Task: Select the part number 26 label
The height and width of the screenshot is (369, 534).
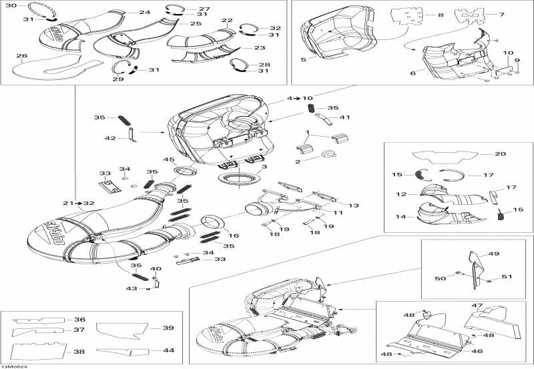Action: pos(21,56)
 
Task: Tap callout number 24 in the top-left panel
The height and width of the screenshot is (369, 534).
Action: pos(145,13)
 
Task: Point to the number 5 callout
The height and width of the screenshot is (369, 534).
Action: pos(304,59)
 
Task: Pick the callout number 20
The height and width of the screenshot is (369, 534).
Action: pos(500,153)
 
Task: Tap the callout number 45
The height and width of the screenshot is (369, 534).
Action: pos(169,159)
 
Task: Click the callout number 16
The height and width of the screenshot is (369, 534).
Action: pos(234,236)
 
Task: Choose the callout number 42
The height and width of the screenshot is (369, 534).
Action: pos(111,137)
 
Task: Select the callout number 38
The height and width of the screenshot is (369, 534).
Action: pos(79,352)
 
